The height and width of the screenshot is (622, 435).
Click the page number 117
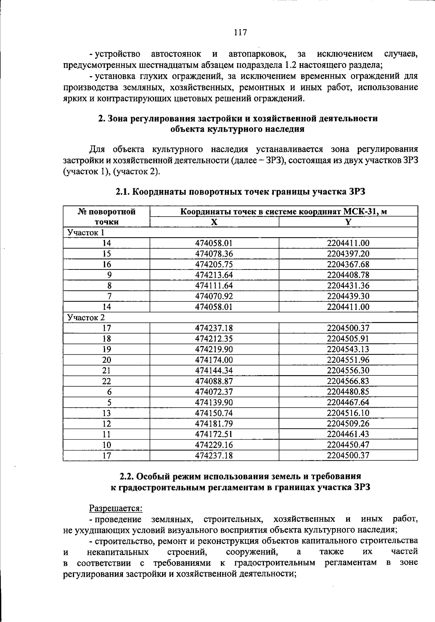point(240,33)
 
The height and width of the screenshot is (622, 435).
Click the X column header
point(214,222)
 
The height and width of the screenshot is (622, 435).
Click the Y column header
point(348,222)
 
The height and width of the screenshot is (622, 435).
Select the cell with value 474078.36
point(214,254)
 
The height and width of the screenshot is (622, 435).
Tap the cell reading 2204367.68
point(348,264)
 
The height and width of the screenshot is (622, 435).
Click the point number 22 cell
point(107,381)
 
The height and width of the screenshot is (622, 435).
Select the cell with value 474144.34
point(214,371)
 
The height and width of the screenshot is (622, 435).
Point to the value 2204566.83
point(348,381)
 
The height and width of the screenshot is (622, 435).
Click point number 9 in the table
point(109,275)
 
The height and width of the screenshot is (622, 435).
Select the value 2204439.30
point(348,296)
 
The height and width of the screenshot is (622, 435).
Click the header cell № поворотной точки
point(107,217)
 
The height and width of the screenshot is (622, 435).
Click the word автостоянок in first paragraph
point(176,54)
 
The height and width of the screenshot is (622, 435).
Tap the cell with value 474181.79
point(214,424)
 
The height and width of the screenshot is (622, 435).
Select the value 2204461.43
point(348,434)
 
